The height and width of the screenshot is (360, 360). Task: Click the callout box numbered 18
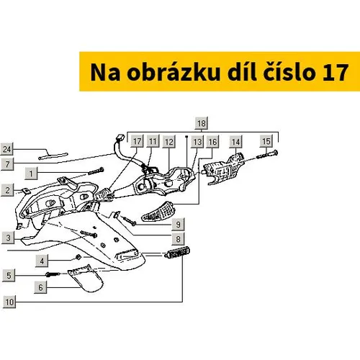202,123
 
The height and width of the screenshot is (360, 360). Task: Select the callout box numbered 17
137,141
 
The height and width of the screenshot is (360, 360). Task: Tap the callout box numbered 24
7,149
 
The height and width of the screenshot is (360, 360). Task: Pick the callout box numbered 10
9,302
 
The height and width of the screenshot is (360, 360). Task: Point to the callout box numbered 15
266,141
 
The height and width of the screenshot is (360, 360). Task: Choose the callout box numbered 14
235,142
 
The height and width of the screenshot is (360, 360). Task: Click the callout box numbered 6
40,287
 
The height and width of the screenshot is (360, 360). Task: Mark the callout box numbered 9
178,224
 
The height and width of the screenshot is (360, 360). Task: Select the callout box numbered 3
8,238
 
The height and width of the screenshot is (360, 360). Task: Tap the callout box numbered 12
169,142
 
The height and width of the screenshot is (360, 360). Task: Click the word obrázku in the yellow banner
174,73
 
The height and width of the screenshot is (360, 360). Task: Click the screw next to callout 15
267,154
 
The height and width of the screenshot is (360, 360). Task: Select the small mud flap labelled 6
86,278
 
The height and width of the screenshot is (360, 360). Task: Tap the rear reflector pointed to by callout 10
178,252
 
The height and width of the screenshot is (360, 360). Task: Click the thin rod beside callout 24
53,156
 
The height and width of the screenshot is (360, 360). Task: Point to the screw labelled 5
53,274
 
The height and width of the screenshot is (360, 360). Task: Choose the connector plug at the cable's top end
120,138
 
